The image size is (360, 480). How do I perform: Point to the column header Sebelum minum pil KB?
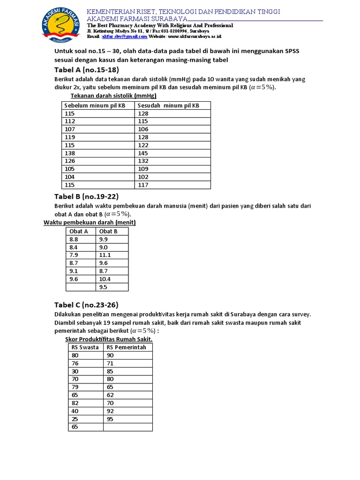point(95,105)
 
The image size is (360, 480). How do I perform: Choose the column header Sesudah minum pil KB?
point(169,105)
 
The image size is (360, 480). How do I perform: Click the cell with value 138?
point(70,153)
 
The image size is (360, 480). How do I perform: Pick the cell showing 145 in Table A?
point(143,153)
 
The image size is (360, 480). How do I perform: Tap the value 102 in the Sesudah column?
point(143,177)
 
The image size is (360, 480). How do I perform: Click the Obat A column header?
point(78,231)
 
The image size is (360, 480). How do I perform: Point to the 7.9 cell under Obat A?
point(75,255)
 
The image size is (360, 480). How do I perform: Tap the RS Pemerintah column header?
point(127,347)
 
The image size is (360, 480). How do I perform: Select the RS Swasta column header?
point(85,347)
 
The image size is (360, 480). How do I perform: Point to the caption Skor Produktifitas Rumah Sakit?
point(109,339)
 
